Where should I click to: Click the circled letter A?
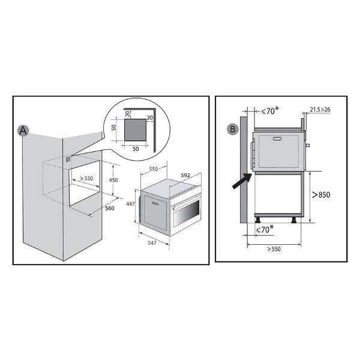point(23,131)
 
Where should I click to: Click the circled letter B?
point(233,129)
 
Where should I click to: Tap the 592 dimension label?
point(185,175)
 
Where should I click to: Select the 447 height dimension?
point(130,203)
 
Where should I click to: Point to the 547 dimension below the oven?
point(152,242)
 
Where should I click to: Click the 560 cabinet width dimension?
point(110,208)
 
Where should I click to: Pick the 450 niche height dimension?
point(113,180)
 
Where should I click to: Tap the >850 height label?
point(321,194)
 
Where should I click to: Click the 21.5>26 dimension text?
point(320,110)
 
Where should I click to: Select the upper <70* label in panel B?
point(270,111)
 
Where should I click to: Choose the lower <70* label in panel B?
point(265,229)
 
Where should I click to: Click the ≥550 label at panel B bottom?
point(274,249)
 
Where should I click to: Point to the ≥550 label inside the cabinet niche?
point(86,178)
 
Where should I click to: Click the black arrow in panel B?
point(242,181)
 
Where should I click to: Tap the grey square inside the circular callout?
point(135,130)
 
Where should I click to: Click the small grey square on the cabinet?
point(68,159)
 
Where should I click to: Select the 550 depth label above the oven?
point(154,169)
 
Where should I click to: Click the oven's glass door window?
point(186,214)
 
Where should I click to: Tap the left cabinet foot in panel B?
point(258,220)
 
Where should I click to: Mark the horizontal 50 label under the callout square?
point(136,149)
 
